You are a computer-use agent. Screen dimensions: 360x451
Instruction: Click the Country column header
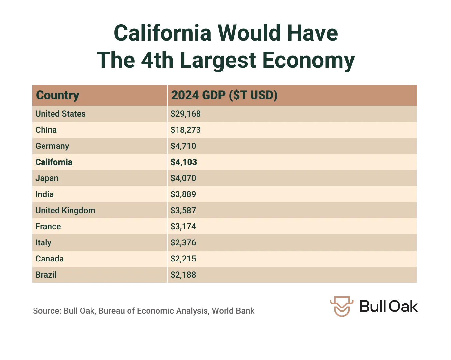pyautogui.click(x=58, y=95)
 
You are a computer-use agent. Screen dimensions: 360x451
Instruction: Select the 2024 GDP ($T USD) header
pyautogui.click(x=224, y=95)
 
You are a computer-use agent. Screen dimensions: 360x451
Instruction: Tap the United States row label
pyautogui.click(x=61, y=114)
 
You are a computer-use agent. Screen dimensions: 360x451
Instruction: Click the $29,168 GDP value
pyautogui.click(x=186, y=114)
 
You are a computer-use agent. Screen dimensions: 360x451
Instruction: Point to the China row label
pyautogui.click(x=46, y=130)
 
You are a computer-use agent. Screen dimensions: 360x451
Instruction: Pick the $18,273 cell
pyautogui.click(x=186, y=130)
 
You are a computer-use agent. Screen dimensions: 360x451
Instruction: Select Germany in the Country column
pyautogui.click(x=52, y=146)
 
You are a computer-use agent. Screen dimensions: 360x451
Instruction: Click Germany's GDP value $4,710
pyautogui.click(x=183, y=146)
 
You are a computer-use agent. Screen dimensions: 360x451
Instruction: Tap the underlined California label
pyautogui.click(x=54, y=162)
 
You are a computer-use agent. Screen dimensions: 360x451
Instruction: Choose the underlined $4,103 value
pyautogui.click(x=184, y=162)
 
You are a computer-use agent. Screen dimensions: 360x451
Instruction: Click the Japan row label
pyautogui.click(x=47, y=178)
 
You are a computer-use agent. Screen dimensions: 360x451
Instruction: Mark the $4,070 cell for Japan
pyautogui.click(x=183, y=178)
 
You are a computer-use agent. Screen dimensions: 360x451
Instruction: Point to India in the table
pyautogui.click(x=44, y=194)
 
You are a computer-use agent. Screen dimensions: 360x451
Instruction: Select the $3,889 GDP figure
pyautogui.click(x=183, y=194)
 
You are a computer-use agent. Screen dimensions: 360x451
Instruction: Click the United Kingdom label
pyautogui.click(x=65, y=210)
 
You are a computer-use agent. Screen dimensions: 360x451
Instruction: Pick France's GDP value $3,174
pyautogui.click(x=183, y=226)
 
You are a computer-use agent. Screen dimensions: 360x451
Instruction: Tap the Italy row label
pyautogui.click(x=43, y=242)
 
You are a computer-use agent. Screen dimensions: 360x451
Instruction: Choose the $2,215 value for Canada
pyautogui.click(x=183, y=259)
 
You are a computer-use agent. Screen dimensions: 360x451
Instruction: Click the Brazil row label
pyautogui.click(x=46, y=275)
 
